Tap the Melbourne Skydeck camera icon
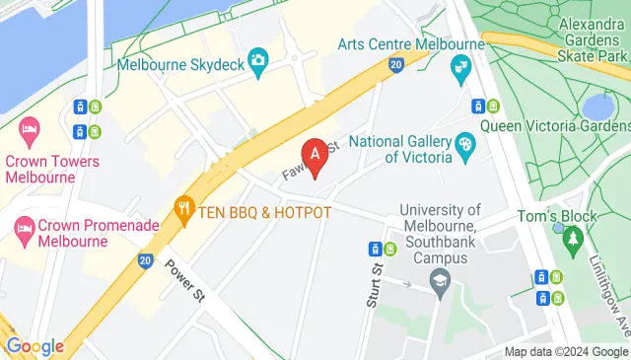(258, 59)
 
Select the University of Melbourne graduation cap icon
(439, 284)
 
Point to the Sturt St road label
(374, 285)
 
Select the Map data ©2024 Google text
(566, 352)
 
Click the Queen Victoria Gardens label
(555, 125)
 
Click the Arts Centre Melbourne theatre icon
(459, 68)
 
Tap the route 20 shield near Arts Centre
(394, 65)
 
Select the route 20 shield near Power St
(146, 260)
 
